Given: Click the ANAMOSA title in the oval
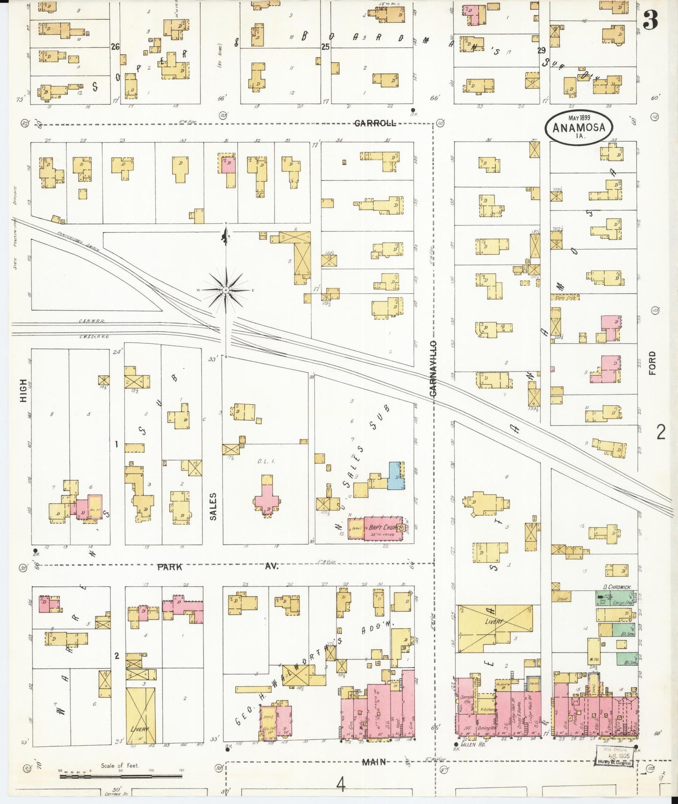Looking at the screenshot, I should tap(579, 128).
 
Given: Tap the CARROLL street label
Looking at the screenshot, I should tap(375, 123).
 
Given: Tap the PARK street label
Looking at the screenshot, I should tap(169, 567).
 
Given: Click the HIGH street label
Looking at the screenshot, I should tap(23, 390).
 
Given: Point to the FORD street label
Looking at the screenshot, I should tap(652, 363).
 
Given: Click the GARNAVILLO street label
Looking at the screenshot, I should tap(433, 369).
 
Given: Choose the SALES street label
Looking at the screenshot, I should tap(213, 506).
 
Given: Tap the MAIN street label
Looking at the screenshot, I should tap(373, 762).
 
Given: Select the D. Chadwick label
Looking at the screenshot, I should tap(617, 587).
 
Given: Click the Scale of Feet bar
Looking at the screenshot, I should tap(121, 776).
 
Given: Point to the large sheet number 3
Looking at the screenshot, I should tap(650, 20).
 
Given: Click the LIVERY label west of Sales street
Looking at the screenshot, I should tap(140, 729).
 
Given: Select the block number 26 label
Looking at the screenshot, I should tap(115, 47).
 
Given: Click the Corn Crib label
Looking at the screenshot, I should tap(565, 297).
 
